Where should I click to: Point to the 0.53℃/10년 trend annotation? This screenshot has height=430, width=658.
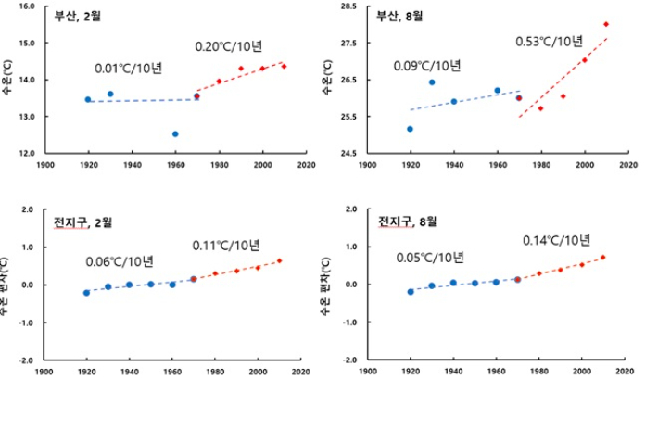pyautogui.click(x=549, y=41)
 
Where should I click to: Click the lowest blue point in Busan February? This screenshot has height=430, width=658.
pyautogui.click(x=175, y=133)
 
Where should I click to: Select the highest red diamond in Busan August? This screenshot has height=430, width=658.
pyautogui.click(x=606, y=24)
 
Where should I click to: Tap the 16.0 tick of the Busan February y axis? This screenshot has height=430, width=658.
pyautogui.click(x=28, y=6)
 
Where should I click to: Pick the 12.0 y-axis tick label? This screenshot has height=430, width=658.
pyautogui.click(x=28, y=153)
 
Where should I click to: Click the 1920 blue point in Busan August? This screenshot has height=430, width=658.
pyautogui.click(x=410, y=129)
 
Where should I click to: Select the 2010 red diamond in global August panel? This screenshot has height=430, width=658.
pyautogui.click(x=602, y=257)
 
